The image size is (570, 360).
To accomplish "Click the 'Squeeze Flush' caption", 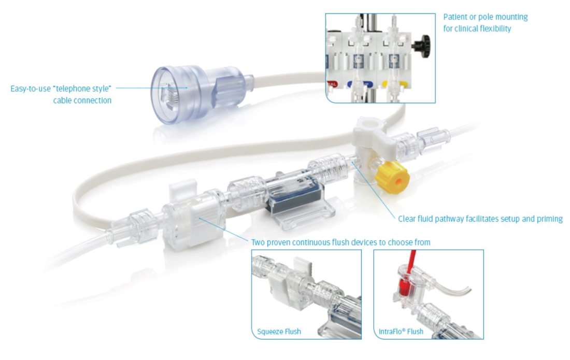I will [279, 332].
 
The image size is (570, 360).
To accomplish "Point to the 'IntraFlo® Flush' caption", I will [401, 332].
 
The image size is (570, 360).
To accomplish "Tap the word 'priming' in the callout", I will [548, 219].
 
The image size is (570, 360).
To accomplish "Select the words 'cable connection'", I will [82, 100].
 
